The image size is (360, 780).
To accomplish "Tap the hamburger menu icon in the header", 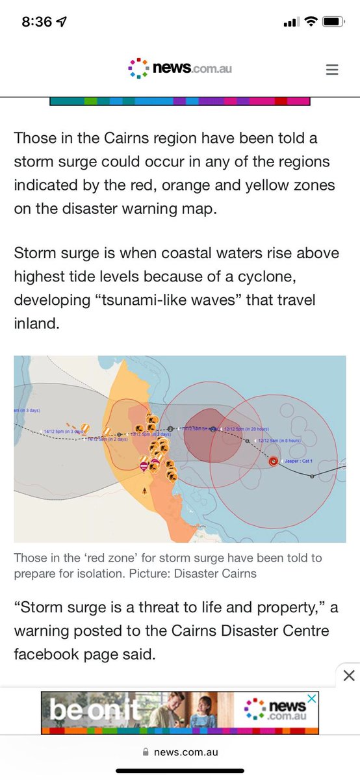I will (332, 70).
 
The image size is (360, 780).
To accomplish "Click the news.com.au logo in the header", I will (180, 68).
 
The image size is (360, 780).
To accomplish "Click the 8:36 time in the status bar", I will (36, 21).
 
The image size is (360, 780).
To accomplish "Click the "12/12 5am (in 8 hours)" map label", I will (279, 441).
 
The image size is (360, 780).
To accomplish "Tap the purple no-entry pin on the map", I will (144, 466).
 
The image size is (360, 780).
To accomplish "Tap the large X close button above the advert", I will (349, 675).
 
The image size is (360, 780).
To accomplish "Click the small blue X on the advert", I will (313, 698).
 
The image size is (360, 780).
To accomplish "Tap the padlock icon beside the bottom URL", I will (146, 752).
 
